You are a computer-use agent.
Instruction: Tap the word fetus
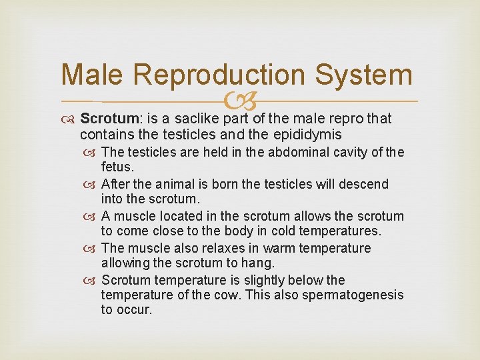[117, 167]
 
